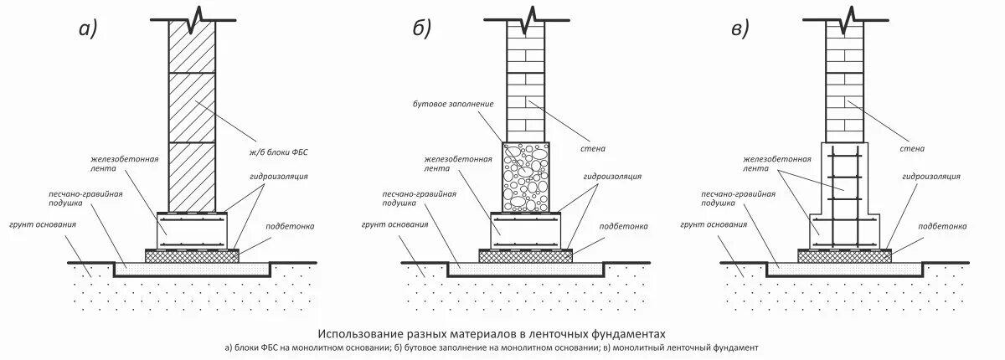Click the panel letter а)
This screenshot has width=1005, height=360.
click(88, 29)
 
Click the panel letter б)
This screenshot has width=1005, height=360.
click(421, 29)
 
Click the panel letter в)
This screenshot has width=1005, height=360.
click(740, 29)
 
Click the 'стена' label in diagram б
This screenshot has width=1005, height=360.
click(593, 149)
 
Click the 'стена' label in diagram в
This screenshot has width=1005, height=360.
click(912, 149)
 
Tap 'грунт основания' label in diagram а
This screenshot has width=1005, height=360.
click(43, 225)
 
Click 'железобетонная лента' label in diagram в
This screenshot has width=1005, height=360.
click(775, 162)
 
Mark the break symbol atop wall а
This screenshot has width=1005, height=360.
click(191, 17)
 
